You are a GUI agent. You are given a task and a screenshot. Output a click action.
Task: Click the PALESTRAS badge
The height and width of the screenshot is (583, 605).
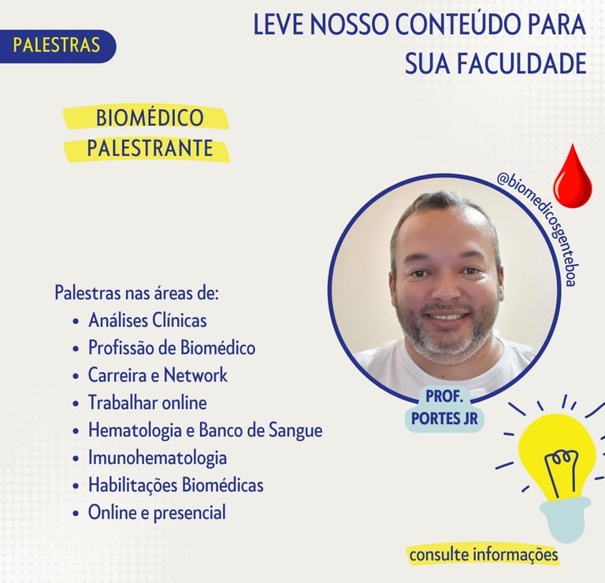pos(57,46)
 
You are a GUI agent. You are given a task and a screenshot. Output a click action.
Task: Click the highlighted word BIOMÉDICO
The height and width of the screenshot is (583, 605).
pos(150,117)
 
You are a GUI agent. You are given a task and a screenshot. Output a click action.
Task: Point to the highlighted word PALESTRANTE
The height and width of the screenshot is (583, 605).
pos(150,148)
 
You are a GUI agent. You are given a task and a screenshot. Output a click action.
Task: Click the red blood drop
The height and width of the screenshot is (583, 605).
pos(573,176)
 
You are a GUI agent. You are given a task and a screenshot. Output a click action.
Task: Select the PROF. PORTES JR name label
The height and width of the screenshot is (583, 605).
pos(444,407)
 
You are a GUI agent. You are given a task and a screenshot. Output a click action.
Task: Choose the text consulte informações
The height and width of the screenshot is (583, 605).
pos(484,555)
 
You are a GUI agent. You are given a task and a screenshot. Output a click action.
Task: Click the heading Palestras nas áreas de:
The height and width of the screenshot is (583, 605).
pos(136,293)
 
